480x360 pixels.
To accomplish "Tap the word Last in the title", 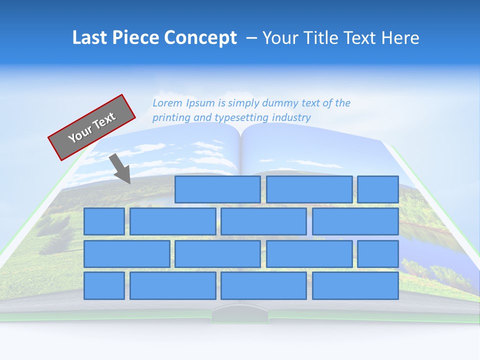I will (88, 38).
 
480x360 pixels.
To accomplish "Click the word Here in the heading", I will (400, 38).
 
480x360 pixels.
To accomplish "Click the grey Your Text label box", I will (92, 127).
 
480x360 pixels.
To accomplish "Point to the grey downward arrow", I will (120, 169).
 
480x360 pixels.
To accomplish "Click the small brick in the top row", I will (377, 189).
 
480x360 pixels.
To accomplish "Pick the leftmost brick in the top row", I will (217, 189).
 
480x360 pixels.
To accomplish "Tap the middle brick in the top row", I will (309, 189).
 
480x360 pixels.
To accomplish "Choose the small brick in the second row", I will (104, 221).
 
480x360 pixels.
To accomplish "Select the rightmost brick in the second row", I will (355, 221).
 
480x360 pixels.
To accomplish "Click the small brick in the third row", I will (377, 254).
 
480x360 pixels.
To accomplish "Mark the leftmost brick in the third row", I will (126, 254).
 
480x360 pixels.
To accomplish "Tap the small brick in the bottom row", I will (104, 286).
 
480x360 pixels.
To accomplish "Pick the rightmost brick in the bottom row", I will (355, 286).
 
